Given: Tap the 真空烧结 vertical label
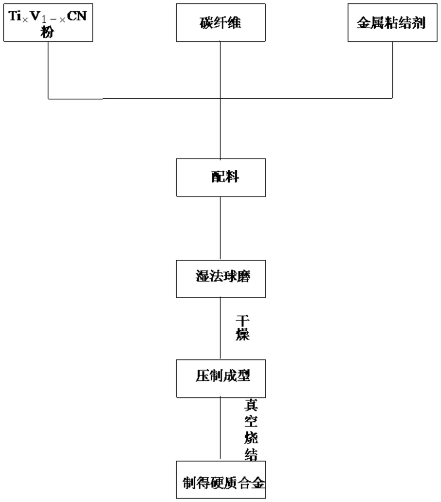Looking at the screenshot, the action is click(251, 430).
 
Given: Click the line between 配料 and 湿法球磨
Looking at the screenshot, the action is click(220, 228).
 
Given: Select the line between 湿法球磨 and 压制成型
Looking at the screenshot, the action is click(220, 328).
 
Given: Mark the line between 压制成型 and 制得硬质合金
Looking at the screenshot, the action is click(220, 429).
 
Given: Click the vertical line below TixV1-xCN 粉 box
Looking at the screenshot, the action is click(48, 70).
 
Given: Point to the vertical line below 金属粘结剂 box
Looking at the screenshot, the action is click(393, 70).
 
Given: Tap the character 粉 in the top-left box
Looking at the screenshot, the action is click(47, 32).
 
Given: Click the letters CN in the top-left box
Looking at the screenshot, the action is click(77, 16).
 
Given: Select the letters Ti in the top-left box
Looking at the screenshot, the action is click(15, 16).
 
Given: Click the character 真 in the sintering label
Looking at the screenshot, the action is click(251, 405).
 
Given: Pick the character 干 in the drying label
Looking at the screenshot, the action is click(242, 321).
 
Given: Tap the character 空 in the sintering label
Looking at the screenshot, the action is click(251, 421).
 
